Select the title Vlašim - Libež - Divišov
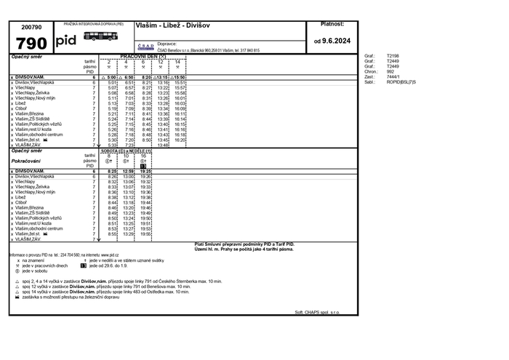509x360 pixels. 172,25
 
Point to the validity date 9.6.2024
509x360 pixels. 332,41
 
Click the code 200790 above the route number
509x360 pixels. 31,26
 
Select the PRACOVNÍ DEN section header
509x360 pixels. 143,56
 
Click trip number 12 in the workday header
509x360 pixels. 161,62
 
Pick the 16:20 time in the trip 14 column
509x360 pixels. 180,140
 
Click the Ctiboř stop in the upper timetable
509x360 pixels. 21,108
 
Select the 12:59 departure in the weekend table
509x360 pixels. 128,171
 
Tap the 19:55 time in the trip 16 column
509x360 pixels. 145,233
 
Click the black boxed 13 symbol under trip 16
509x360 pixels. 144,166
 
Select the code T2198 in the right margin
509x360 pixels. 393,55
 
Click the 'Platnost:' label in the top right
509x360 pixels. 332,24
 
